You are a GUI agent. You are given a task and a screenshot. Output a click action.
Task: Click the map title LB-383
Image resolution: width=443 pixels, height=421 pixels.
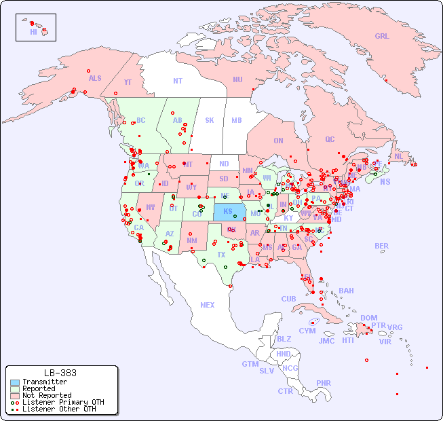[x=60, y=373]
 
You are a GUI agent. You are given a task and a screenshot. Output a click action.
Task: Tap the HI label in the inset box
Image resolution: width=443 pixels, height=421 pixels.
[x=33, y=32]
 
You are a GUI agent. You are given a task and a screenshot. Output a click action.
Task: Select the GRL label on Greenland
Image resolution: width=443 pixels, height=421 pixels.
[x=382, y=37]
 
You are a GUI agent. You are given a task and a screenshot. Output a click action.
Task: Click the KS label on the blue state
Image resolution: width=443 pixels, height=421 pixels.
[x=228, y=211]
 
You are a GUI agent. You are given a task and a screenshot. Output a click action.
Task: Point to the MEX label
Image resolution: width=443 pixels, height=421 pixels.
[x=208, y=305]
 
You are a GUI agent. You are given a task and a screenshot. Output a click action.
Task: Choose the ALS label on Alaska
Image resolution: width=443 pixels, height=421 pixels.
[x=95, y=78]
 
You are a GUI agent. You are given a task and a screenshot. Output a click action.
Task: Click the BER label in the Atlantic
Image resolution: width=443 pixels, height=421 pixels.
[x=382, y=246]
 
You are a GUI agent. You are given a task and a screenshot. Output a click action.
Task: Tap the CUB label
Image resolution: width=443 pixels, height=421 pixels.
[x=288, y=299]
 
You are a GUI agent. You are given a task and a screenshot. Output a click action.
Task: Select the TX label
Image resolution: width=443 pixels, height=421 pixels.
[x=221, y=255]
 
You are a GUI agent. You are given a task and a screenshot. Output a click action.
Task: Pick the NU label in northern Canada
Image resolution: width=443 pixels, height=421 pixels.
[x=237, y=79]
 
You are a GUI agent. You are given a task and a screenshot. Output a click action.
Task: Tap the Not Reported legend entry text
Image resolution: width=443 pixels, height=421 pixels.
[x=47, y=395]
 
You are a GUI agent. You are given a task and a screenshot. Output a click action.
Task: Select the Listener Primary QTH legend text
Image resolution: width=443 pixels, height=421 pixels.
[x=63, y=402]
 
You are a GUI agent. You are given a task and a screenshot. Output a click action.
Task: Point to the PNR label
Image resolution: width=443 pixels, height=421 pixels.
[x=324, y=383]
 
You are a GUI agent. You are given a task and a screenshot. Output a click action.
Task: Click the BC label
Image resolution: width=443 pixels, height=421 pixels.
[x=141, y=120]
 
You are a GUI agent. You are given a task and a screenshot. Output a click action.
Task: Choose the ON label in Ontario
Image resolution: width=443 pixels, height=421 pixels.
[x=278, y=141]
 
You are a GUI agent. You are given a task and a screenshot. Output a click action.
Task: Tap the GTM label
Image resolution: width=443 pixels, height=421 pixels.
[x=250, y=364]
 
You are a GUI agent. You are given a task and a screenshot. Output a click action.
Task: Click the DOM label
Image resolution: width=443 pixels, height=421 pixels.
[x=368, y=318]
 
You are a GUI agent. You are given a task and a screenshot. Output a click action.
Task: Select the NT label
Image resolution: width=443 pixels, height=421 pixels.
[x=177, y=81]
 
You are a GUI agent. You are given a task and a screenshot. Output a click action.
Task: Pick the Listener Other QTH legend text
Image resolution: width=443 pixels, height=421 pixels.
[x=59, y=409]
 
